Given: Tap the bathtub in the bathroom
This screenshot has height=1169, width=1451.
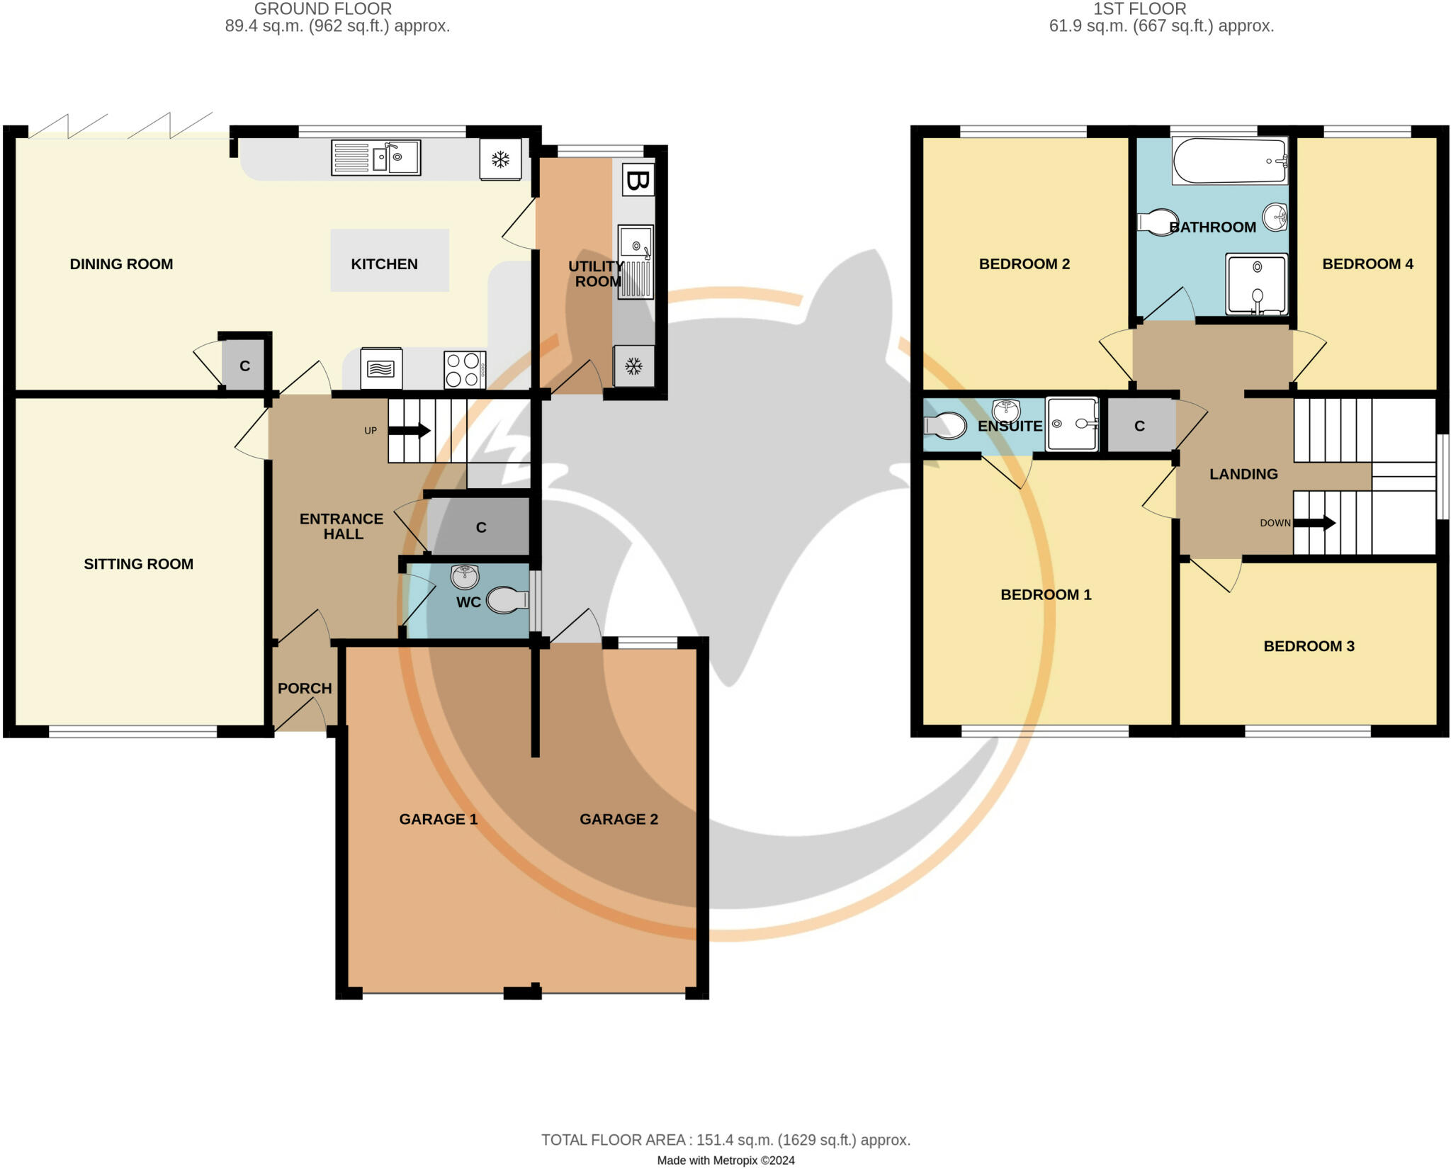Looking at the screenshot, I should click(1229, 161).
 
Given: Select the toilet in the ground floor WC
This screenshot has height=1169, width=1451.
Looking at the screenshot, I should click(507, 600).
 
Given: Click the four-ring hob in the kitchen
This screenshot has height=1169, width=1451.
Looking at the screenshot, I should click(464, 370).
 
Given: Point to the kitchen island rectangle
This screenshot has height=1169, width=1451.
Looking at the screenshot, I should click(390, 260).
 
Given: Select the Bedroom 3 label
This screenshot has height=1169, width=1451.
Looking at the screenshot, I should click(1309, 646).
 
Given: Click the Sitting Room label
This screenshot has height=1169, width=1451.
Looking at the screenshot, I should click(138, 564).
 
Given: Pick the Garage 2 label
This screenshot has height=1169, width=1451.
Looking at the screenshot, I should click(619, 819).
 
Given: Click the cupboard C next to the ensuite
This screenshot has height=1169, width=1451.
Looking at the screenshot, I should click(1139, 426).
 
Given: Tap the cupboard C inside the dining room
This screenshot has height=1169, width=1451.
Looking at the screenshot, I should click(244, 366).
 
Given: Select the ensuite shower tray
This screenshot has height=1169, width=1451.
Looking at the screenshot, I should click(1072, 424).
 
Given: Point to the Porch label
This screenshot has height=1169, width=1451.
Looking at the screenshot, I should click(305, 688).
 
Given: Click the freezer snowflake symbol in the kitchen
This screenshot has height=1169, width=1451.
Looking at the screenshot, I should click(500, 159).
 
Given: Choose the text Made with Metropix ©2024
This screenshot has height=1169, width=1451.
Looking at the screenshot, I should click(725, 1160).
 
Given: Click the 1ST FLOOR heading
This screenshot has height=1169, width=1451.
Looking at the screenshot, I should click(1139, 9).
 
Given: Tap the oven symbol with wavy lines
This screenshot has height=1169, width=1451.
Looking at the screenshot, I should click(381, 368).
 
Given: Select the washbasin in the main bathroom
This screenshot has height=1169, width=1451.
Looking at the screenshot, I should click(1275, 216).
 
